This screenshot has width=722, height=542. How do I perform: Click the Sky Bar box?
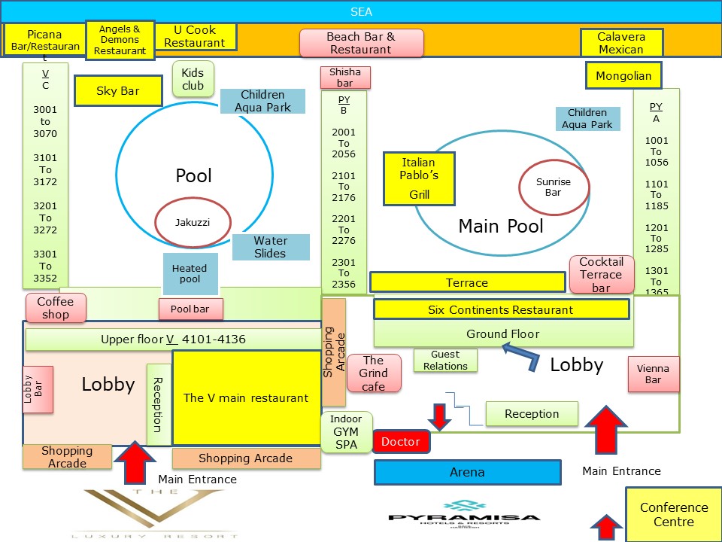click(x=118, y=91)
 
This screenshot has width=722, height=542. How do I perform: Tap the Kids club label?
click(x=193, y=79)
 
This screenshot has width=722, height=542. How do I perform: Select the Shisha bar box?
click(x=345, y=78)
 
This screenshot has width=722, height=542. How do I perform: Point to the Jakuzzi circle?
click(x=193, y=222)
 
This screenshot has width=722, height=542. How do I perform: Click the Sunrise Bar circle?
click(x=554, y=187)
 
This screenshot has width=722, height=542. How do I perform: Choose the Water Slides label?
click(x=271, y=247)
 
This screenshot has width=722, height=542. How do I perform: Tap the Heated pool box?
click(x=190, y=274)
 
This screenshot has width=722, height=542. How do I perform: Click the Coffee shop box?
click(x=56, y=308)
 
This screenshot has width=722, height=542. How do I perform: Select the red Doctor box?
click(x=401, y=442)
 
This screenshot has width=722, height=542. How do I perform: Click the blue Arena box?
click(x=467, y=473)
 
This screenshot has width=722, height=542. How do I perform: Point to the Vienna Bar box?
click(x=654, y=374)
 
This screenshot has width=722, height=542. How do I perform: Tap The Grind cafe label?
click(x=374, y=373)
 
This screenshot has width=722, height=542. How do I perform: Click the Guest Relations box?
click(x=445, y=360)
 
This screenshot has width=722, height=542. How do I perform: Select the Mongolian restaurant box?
click(x=623, y=75)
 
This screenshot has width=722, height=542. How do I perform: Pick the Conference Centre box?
click(x=674, y=514)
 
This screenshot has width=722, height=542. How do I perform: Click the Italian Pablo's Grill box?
click(x=419, y=178)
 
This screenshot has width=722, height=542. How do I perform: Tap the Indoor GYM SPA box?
click(x=346, y=432)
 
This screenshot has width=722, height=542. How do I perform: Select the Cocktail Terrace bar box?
click(x=602, y=275)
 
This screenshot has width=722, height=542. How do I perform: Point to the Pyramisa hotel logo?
click(x=464, y=514)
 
